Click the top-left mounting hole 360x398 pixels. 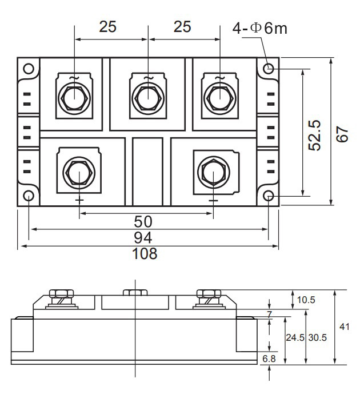click(x=29, y=69)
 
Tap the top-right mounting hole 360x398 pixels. click(x=269, y=69)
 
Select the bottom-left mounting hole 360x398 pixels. click(x=29, y=196)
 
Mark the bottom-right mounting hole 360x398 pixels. click(x=269, y=196)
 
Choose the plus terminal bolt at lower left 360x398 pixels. click(x=78, y=170)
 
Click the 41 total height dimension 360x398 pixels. click(x=344, y=327)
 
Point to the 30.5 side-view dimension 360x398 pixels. click(x=317, y=337)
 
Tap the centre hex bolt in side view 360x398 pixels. click(x=135, y=293)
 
